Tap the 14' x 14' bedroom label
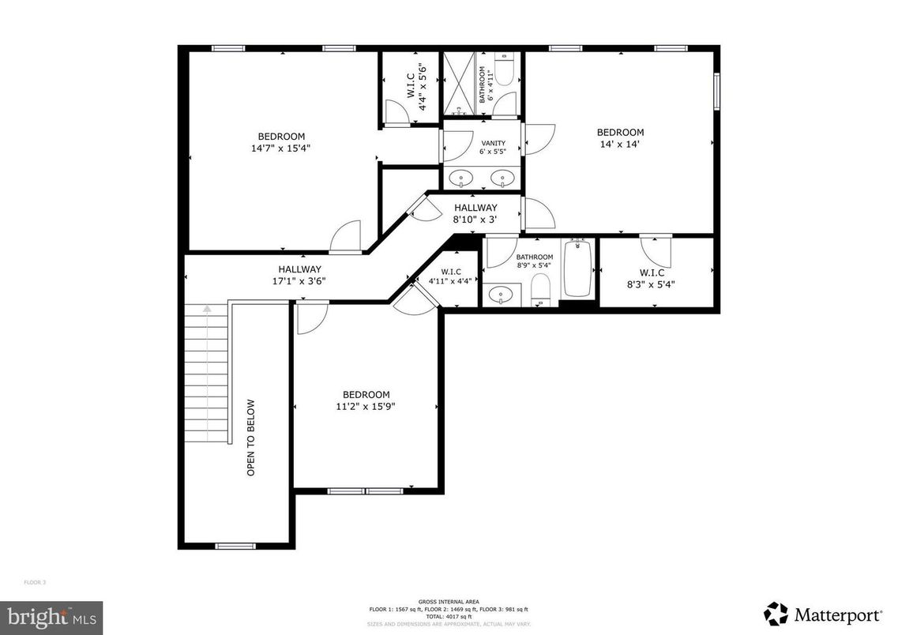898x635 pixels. pos(620,138)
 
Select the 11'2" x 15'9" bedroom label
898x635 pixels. pos(366,400)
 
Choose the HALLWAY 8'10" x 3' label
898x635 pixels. pos(475,214)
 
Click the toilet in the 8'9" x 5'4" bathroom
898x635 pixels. pos(541,289)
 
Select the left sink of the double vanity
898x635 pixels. pos(461,180)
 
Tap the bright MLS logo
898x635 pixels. pos(51,618)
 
